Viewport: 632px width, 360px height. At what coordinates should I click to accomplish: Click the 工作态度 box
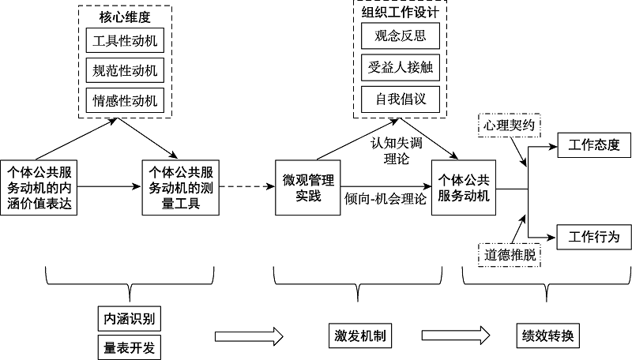click(x=594, y=145)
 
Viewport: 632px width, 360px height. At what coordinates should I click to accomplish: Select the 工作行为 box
click(x=594, y=236)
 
